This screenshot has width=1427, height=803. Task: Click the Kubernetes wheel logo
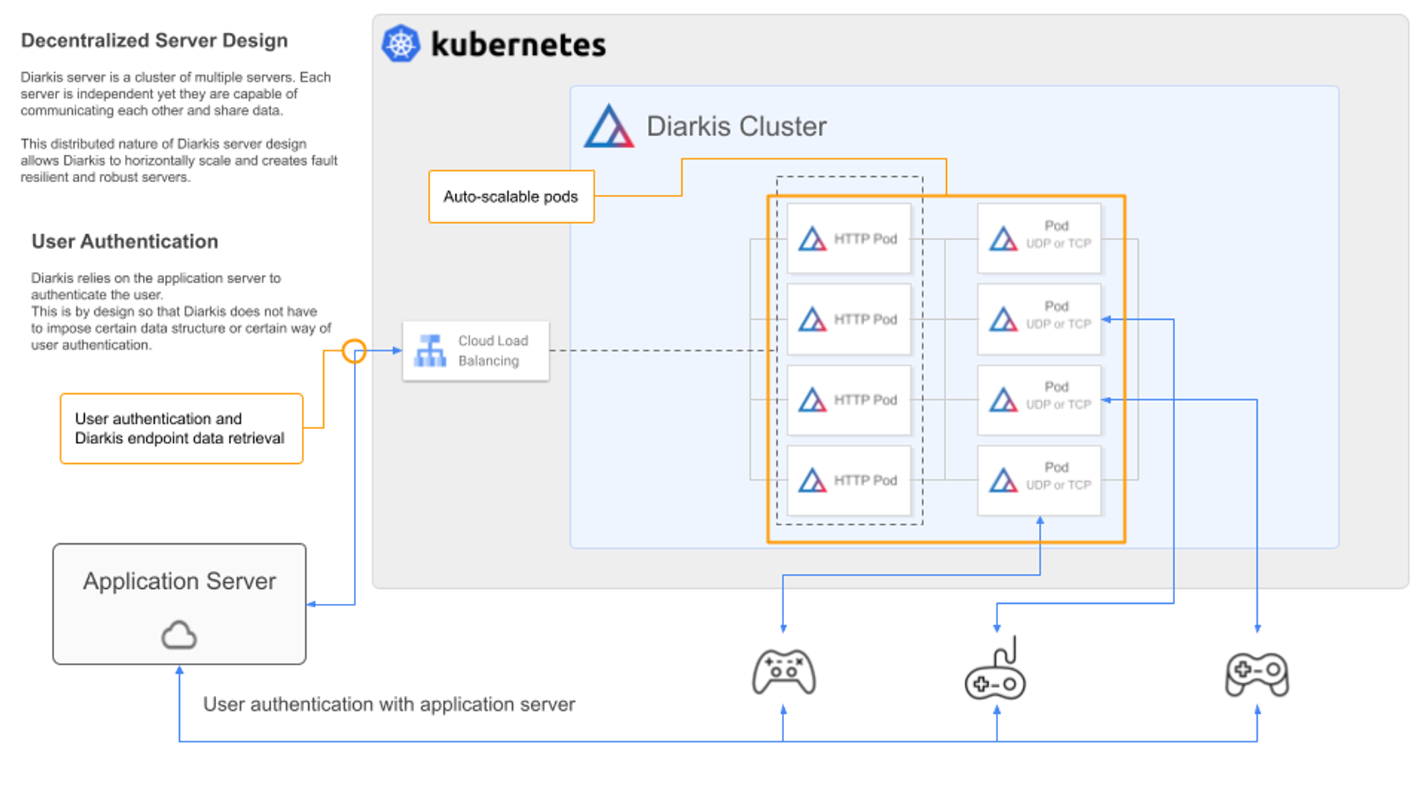coord(401,44)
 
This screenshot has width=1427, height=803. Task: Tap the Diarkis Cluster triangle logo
coord(609,127)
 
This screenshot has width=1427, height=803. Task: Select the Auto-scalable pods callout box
coord(511,196)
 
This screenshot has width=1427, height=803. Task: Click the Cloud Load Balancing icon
coord(430,350)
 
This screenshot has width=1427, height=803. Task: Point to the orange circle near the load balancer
coord(354,350)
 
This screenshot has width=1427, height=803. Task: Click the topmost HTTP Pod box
coord(848,238)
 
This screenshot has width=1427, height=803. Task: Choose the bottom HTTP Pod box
coord(848,480)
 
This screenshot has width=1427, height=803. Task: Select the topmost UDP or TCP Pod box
coord(1039,238)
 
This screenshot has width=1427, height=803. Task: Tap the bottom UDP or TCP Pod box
coord(1039,480)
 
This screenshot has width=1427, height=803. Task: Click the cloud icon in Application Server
coord(178,635)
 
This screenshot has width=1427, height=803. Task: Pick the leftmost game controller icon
coord(783,672)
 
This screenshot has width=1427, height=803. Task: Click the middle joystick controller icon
coord(995,672)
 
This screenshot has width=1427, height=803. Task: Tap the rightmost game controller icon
coord(1257,673)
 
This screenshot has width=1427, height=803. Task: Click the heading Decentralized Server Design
coord(154,41)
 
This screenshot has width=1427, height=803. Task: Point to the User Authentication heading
coord(125,242)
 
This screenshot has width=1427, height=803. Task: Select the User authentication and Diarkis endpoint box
coord(181,428)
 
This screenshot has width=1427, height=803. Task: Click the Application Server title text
coord(179,581)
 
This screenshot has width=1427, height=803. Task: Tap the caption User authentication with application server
coord(389,704)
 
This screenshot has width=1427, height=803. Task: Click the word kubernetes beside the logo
coord(519,45)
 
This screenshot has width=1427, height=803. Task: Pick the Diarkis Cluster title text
coord(736,126)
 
